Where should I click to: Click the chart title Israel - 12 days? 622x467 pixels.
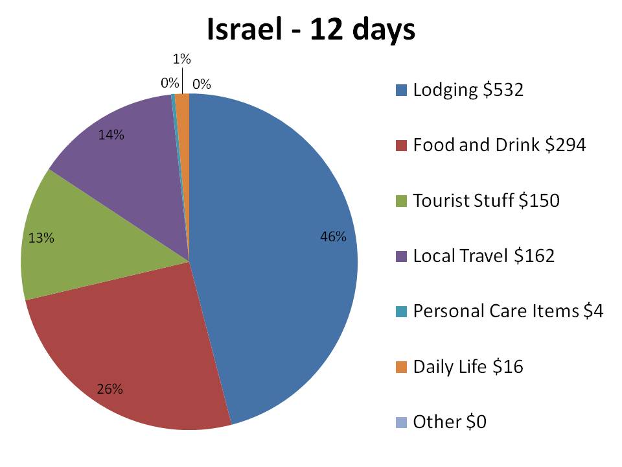[310, 30]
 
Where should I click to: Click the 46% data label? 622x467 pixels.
[334, 237]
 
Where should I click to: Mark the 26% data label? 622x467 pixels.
[109, 389]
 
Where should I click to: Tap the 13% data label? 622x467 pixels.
[41, 238]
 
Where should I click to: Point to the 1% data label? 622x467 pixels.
[181, 60]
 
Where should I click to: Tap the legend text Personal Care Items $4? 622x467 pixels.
[508, 311]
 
